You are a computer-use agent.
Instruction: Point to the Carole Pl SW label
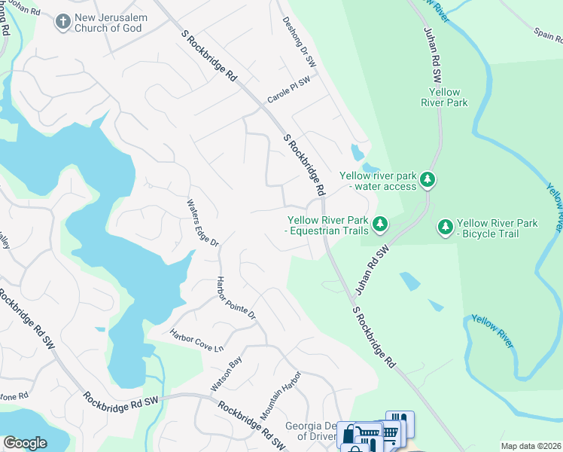(289, 90)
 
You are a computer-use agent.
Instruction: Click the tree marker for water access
(428, 179)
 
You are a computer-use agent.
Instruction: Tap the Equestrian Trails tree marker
(380, 224)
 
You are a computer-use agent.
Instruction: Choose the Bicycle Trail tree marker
(445, 226)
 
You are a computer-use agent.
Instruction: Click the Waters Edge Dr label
(202, 224)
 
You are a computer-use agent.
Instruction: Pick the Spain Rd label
(548, 35)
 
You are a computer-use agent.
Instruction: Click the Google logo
(25, 443)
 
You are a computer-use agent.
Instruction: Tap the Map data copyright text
(531, 446)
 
